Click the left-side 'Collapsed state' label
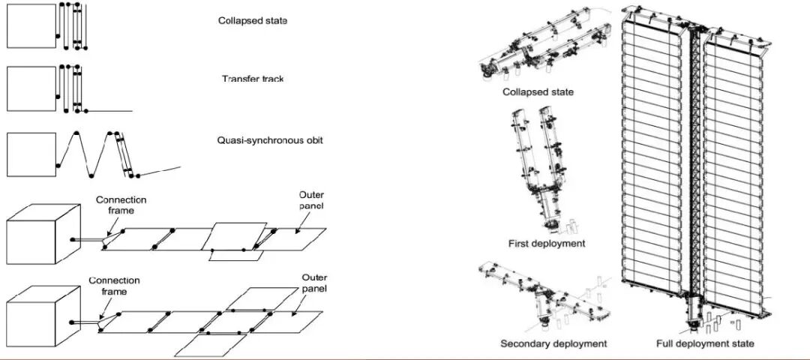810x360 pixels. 253,21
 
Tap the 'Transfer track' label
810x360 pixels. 253,79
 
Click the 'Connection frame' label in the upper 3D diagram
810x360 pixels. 121,205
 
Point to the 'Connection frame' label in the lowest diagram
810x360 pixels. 114,286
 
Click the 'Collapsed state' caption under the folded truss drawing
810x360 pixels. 539,92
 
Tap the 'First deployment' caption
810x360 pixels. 546,243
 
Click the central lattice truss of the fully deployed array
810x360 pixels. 694,165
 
